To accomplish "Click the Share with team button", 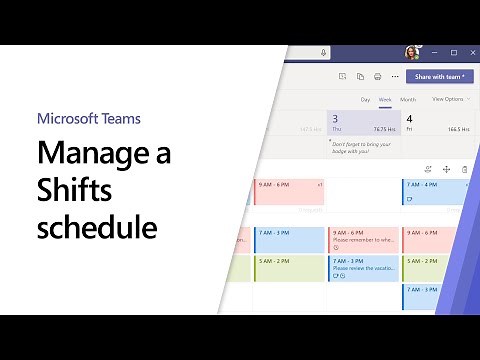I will (439, 76).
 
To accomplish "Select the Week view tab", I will (385, 99).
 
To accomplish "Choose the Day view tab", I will (365, 99).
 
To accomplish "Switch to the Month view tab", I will (408, 99).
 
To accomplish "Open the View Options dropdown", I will (448, 99).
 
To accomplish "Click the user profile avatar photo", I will (411, 52).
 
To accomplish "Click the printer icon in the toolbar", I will (377, 76).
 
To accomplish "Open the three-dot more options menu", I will (395, 76).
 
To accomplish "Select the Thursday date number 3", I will (335, 118).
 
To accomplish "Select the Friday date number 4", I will (409, 118).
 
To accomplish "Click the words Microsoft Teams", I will (89, 118).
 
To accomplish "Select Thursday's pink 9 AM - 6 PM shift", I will (363, 238).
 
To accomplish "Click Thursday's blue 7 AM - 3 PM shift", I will (363, 266).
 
